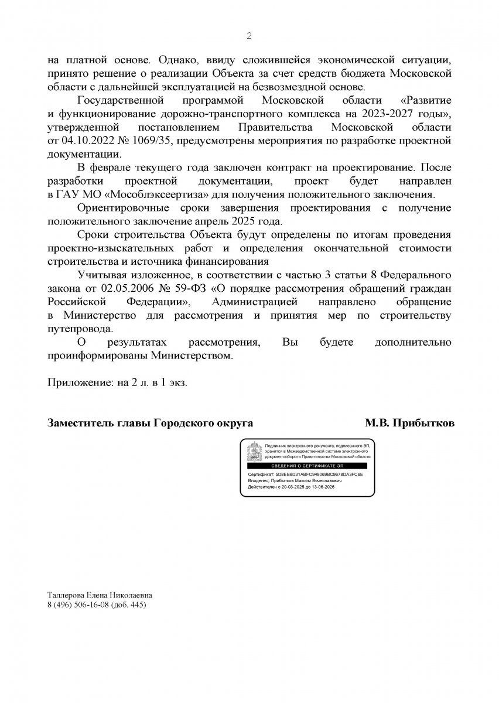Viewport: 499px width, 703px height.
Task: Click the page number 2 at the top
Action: (249, 36)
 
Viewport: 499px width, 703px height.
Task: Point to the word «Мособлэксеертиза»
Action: (155, 194)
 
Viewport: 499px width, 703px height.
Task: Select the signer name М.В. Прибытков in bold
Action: (409, 422)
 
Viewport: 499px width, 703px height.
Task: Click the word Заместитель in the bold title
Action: (80, 422)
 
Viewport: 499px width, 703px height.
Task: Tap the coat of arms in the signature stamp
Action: (253, 453)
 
